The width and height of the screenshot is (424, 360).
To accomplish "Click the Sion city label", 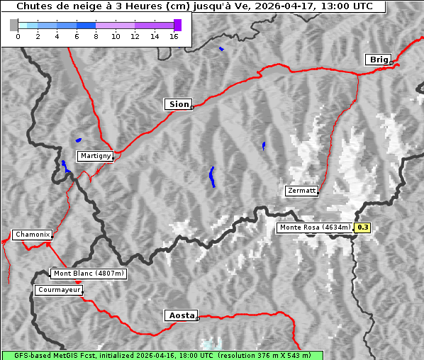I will pos(178,104).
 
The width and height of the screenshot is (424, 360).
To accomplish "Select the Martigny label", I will pos(95,156).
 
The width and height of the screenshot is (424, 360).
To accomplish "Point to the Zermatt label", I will pos(301,191).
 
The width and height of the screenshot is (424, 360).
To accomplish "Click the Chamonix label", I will pos(32,235).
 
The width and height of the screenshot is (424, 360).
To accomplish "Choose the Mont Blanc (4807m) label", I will pos(89,274).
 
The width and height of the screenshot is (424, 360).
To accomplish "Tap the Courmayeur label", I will pos(59,290).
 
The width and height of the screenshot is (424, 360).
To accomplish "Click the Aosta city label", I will pos(180,316).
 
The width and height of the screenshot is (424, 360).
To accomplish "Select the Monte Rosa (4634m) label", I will pos(314,227).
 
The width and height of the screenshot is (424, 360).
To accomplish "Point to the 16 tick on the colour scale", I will pos(174,36).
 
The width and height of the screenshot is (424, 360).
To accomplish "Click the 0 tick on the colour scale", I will pos(18,36).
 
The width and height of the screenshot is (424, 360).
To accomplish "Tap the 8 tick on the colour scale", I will pos(96,36).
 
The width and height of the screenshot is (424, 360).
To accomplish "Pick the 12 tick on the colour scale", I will pos(135,36).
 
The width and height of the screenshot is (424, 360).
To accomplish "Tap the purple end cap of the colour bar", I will pos(177,25).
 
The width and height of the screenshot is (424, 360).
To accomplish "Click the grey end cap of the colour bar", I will pos(13,25).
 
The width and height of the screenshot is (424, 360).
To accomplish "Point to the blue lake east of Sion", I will pos(263,145).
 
